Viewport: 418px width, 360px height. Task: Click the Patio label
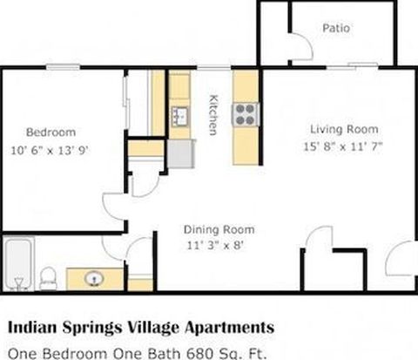336,28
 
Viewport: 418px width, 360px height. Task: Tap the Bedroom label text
51,132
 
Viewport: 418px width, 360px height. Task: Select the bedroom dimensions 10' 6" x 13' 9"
50,151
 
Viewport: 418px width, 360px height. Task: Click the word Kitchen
213,115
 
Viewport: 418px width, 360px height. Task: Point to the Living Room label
344,129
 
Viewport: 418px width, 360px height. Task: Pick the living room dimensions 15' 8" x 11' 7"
343,146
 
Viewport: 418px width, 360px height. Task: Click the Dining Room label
219,229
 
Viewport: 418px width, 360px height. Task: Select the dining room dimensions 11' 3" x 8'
214,246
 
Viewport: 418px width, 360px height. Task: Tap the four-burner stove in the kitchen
246,114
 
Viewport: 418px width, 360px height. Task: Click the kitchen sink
180,116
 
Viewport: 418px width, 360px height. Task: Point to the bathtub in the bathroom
18,264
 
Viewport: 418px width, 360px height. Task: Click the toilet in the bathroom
48,279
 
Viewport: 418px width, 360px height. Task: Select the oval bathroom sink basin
94,279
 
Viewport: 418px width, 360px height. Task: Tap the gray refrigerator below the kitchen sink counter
180,153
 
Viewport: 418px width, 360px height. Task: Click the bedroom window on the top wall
64,67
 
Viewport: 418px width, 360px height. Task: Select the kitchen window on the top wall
214,67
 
